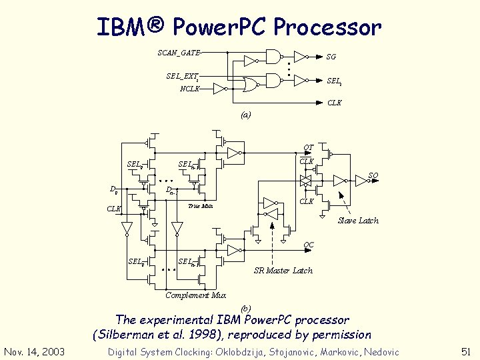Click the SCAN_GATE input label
[179, 52]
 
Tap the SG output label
[331, 57]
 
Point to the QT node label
[308, 147]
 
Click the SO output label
[373, 175]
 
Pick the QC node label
[308, 245]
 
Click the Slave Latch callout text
[358, 220]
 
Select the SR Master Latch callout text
[283, 271]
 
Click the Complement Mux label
[195, 295]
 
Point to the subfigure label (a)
[246, 115]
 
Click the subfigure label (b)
[246, 307]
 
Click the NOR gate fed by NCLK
[251, 84]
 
